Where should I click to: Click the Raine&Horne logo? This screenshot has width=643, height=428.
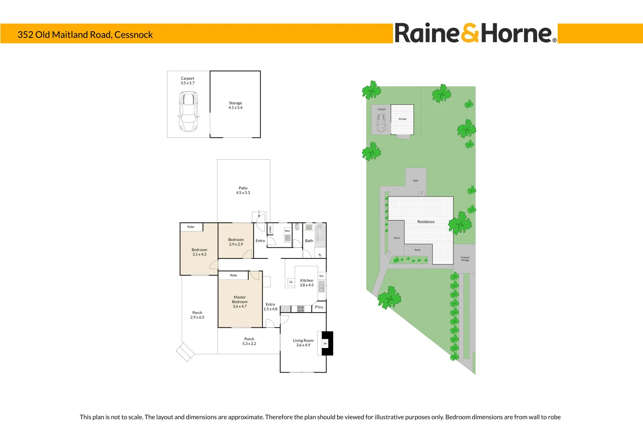475,33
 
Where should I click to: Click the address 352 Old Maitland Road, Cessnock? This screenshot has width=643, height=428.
85,35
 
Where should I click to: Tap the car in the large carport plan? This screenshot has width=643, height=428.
188,111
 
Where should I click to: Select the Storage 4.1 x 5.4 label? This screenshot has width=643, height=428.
235,105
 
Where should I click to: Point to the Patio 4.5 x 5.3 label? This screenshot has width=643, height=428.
243,191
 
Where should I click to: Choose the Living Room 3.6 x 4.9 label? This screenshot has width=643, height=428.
303,343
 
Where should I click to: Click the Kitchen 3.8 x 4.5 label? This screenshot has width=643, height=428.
306,283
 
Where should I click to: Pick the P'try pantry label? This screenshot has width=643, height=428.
319,307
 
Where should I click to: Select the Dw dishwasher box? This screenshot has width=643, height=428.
322,276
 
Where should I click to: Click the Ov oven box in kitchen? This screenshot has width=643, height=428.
291,282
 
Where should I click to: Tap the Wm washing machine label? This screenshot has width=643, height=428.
287,231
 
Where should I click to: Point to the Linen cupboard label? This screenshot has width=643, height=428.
271,229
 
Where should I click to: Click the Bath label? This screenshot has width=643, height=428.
309,241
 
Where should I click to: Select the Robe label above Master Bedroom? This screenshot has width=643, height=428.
234,275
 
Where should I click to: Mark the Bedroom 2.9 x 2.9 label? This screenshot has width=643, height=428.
236,242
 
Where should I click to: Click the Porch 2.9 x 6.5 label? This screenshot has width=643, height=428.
197,315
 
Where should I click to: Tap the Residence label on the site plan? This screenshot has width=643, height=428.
426,222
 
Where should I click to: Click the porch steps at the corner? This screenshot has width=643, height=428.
185,352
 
